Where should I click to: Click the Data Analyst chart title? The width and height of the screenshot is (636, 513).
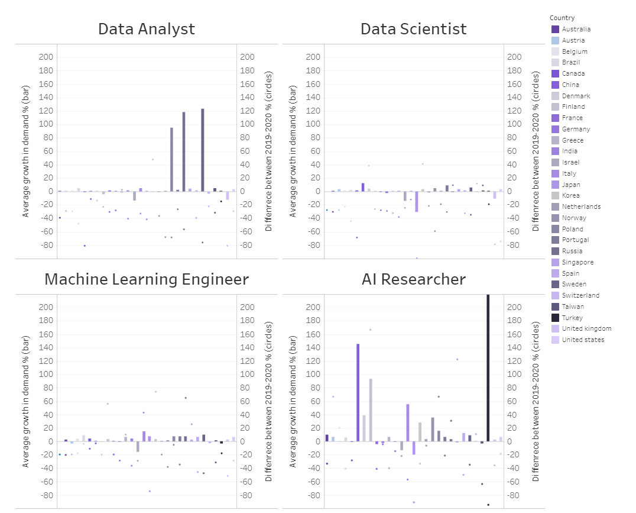[147, 29]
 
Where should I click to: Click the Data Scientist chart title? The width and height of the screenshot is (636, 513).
[413, 29]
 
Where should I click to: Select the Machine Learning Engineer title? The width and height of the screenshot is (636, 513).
[147, 279]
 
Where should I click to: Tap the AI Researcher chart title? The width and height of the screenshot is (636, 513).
[413, 279]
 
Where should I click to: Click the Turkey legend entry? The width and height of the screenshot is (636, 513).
[572, 318]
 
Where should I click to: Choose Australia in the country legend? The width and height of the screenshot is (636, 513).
[576, 29]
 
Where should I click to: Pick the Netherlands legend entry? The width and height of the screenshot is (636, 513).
[581, 207]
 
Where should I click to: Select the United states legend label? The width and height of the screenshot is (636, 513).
[583, 340]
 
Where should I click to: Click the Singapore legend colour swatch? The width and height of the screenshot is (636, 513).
[555, 262]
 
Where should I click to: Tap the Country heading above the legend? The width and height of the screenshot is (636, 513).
[562, 18]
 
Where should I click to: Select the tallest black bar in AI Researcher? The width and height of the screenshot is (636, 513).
[488, 367]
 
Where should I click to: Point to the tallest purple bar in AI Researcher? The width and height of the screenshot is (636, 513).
[358, 392]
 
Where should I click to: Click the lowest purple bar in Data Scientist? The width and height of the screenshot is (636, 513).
[416, 201]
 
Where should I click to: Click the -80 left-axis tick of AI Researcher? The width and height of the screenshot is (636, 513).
[311, 495]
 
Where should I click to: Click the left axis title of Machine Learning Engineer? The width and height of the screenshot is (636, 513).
[25, 402]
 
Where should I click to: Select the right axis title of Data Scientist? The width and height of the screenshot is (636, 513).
[536, 151]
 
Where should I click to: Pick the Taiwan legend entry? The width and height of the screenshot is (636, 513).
[572, 306]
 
